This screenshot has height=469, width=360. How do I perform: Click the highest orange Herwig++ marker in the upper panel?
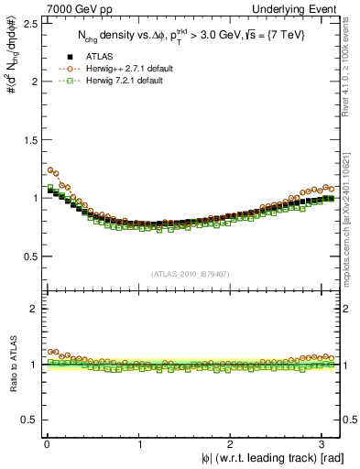49,169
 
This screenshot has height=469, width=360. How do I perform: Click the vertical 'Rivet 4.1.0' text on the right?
351,69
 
